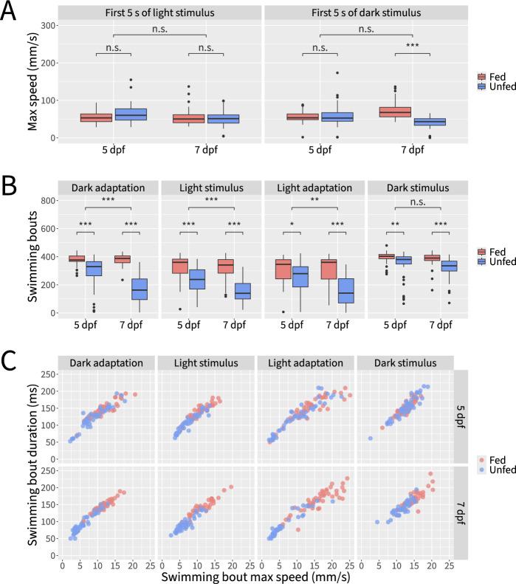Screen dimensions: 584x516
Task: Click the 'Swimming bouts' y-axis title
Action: click(x=33, y=256)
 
